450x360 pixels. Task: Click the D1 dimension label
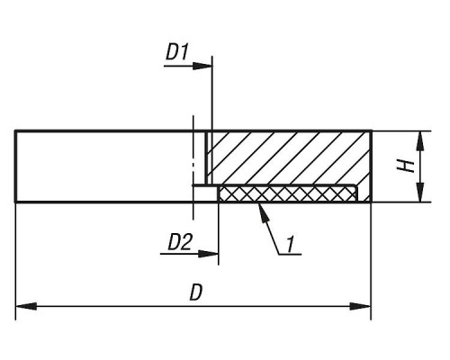pos(177,52)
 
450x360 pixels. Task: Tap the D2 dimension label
pos(179,242)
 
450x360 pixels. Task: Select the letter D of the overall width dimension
pos(196,292)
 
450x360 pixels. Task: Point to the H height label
pos(406,166)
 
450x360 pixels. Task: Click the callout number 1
pos(290,244)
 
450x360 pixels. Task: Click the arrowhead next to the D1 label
pos(202,66)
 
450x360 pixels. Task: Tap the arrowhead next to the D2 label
pos(208,254)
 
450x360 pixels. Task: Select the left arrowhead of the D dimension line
pos(26,307)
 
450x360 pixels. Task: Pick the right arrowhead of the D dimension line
pos(360,307)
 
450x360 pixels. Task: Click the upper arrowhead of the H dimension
pos(420,141)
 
